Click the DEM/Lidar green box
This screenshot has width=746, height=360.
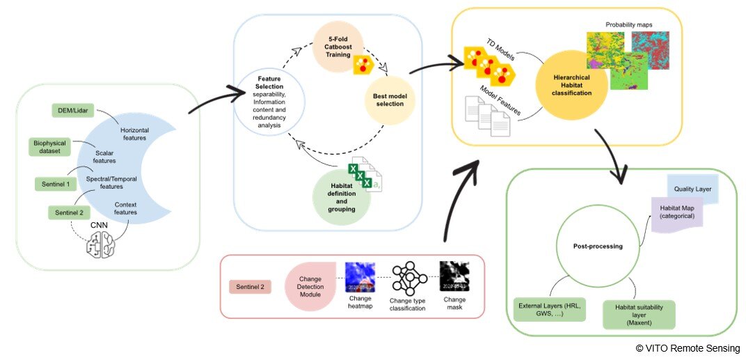click(73, 111)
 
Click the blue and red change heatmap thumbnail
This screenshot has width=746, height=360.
click(360, 277)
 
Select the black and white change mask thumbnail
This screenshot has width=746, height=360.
click(454, 277)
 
